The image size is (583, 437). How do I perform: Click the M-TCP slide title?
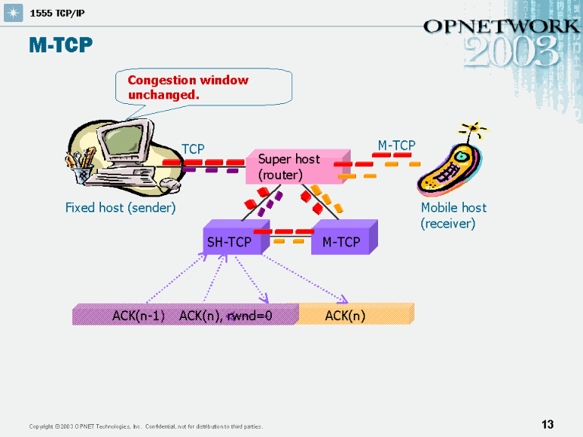tap(61, 46)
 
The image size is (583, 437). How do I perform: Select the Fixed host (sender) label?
tap(120, 208)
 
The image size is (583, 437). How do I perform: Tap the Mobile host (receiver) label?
tap(453, 215)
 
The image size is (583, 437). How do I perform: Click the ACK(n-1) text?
tap(139, 316)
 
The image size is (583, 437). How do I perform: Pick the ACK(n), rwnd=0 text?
tap(225, 316)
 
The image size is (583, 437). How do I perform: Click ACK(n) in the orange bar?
tap(345, 316)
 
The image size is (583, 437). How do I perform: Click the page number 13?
tap(547, 425)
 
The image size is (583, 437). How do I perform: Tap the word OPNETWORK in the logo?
tap(501, 26)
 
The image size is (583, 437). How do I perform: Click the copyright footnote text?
tap(146, 426)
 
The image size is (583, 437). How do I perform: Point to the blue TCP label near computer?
tap(193, 149)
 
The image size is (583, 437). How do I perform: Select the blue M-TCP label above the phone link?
tap(396, 145)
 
